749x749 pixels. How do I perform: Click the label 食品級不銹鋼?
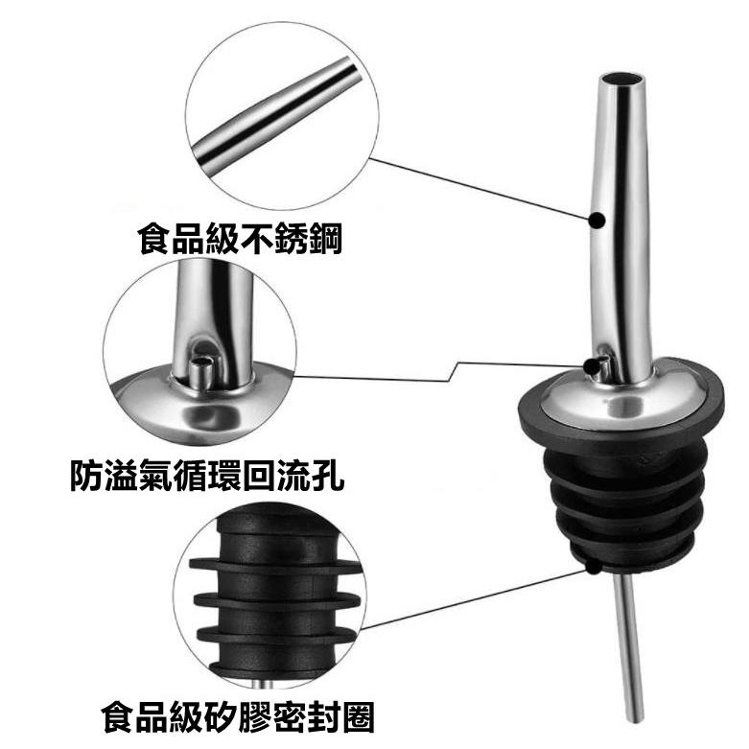(x=240, y=239)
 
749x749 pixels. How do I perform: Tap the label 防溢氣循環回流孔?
(x=207, y=476)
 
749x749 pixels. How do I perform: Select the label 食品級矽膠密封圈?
(x=238, y=716)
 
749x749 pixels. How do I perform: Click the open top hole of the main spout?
(x=620, y=79)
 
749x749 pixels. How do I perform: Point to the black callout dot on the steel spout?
(x=597, y=221)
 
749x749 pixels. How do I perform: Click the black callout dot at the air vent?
(x=592, y=366)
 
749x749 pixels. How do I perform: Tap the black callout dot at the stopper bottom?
(x=593, y=567)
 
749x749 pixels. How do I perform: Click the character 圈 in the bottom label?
(x=358, y=716)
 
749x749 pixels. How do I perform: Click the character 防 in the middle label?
(x=87, y=476)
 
